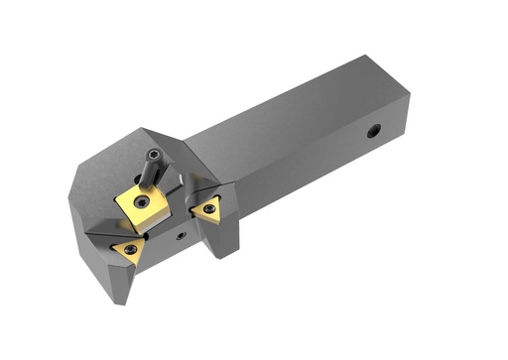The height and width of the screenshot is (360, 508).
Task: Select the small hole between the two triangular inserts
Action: click(180, 235)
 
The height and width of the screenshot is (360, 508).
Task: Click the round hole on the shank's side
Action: click(374, 131)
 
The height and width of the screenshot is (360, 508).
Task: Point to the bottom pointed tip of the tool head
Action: click(121, 300)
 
